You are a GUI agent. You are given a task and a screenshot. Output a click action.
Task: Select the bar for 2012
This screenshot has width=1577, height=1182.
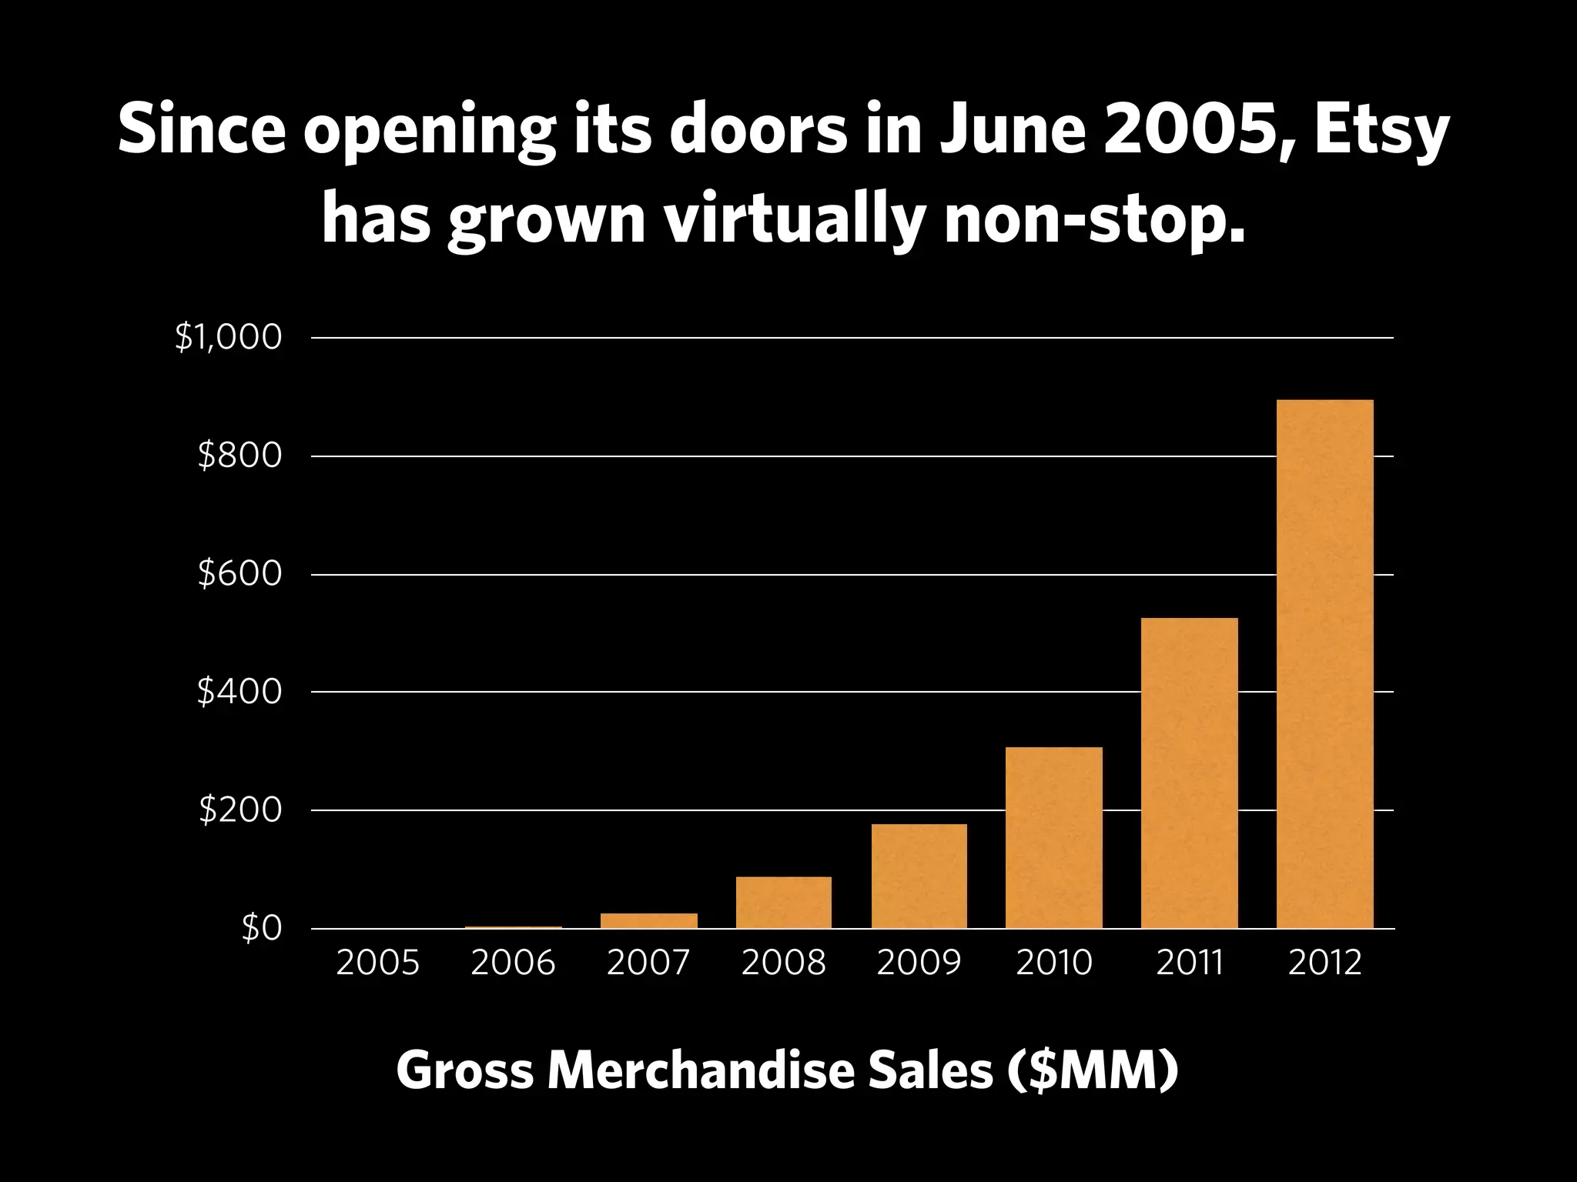pyautogui.click(x=1324, y=663)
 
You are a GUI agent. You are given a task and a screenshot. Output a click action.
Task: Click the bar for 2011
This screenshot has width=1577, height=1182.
pyautogui.click(x=1189, y=773)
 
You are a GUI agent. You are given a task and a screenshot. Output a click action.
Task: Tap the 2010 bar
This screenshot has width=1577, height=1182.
pyautogui.click(x=1053, y=837)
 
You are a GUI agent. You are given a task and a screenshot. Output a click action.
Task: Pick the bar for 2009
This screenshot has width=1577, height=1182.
pyautogui.click(x=919, y=876)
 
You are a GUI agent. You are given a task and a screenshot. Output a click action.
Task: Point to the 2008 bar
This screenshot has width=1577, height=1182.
pyautogui.click(x=783, y=902)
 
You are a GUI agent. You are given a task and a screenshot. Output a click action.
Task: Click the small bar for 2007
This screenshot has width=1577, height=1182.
pyautogui.click(x=648, y=920)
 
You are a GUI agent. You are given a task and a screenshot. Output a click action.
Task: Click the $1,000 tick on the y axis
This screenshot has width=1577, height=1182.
pyautogui.click(x=229, y=338)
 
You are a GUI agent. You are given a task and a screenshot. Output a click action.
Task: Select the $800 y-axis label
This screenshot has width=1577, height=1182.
pyautogui.click(x=239, y=456)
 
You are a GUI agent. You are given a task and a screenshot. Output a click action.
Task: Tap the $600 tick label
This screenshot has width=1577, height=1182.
pyautogui.click(x=239, y=574)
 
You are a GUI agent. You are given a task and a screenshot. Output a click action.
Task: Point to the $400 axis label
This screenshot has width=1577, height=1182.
pyautogui.click(x=239, y=692)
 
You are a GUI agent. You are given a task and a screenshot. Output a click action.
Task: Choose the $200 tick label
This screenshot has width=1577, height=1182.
pyautogui.click(x=239, y=810)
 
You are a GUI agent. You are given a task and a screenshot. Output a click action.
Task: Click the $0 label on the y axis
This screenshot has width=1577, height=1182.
pyautogui.click(x=262, y=929)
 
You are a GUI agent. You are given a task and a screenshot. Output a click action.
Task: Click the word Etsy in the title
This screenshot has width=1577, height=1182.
pyautogui.click(x=1383, y=131)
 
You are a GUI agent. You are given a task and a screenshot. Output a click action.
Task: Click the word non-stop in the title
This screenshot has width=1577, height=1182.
pyautogui.click(x=1093, y=221)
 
